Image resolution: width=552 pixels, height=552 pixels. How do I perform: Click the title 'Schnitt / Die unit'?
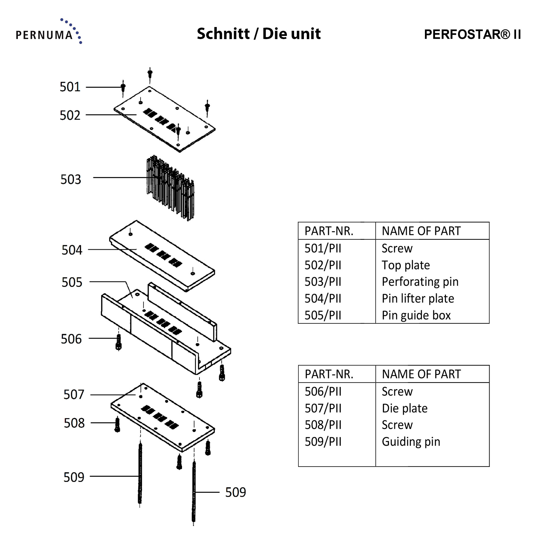pyautogui.click(x=258, y=34)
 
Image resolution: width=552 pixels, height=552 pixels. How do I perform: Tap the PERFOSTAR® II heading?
pyautogui.click(x=472, y=34)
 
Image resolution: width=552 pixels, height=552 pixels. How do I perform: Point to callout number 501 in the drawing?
pyautogui.click(x=70, y=87)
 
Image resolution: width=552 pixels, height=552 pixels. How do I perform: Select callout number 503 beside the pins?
pyautogui.click(x=71, y=179)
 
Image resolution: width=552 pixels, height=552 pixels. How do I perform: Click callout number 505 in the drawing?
pyautogui.click(x=72, y=282)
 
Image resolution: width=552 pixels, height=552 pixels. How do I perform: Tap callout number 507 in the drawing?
pyautogui.click(x=74, y=394)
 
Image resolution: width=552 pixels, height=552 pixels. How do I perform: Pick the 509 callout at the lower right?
pyautogui.click(x=235, y=492)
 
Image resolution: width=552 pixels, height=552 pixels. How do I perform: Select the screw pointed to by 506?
pyautogui.click(x=118, y=342)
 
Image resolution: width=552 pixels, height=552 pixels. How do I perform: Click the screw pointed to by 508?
pyautogui.click(x=117, y=425)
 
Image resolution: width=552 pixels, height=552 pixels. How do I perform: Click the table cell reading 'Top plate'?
pyautogui.click(x=406, y=265)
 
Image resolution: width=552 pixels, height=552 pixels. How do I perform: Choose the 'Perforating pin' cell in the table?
pyautogui.click(x=420, y=282)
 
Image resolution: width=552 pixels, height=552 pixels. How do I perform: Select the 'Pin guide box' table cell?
pyautogui.click(x=416, y=315)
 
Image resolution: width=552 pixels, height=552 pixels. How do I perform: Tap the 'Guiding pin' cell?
pyautogui.click(x=411, y=442)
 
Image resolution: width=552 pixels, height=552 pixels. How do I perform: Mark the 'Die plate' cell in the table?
pyautogui.click(x=405, y=408)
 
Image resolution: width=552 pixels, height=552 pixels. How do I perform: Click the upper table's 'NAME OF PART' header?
pyautogui.click(x=421, y=231)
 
